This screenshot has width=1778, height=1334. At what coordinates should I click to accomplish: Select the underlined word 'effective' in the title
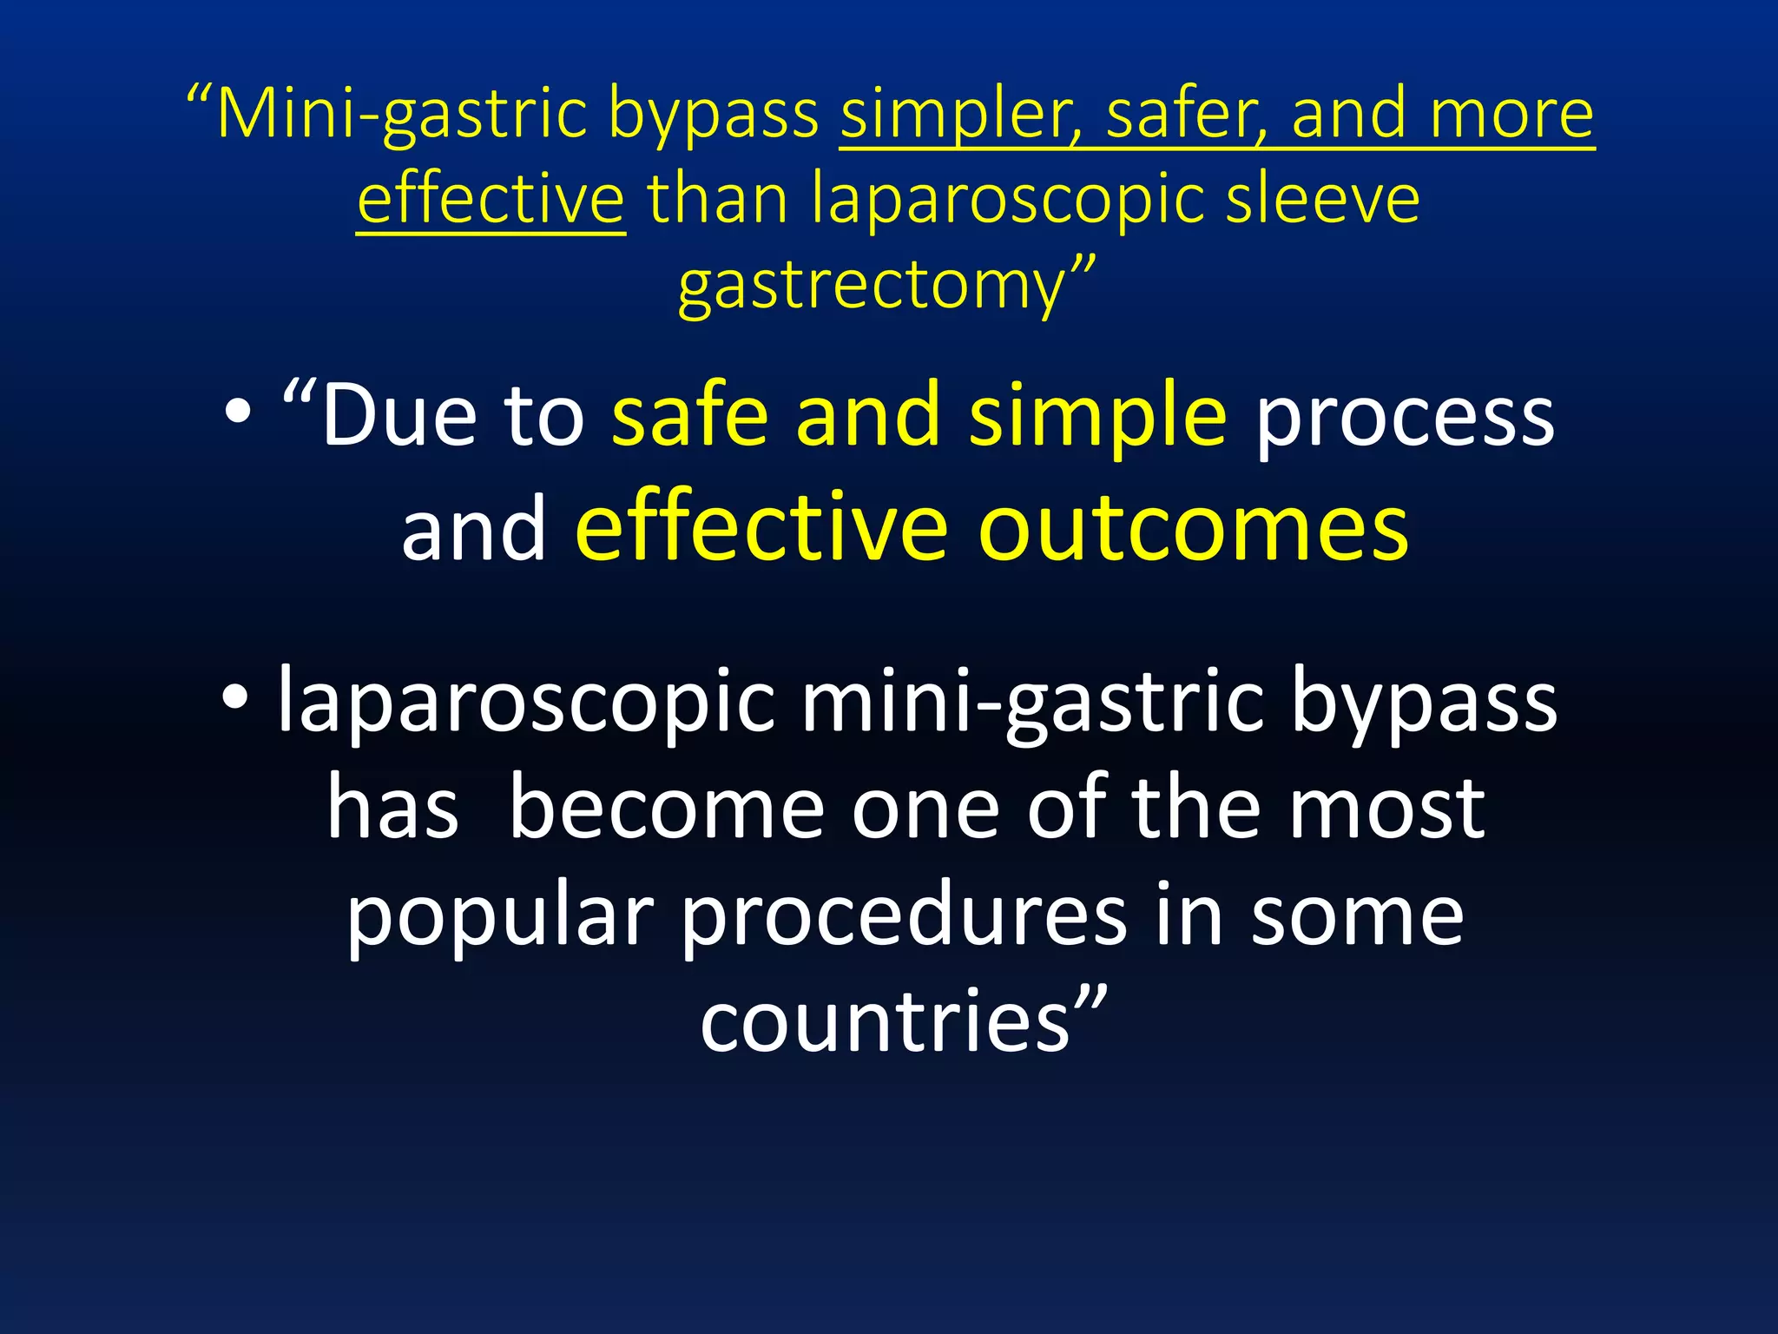491,200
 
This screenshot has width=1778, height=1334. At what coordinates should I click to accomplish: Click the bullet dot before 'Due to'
237,413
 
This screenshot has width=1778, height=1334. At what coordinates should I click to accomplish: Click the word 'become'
666,809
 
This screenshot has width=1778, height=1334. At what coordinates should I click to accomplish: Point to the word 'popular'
500,917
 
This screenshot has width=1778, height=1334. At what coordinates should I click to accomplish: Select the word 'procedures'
903,917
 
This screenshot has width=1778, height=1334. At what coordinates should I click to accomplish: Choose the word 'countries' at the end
886,1021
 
